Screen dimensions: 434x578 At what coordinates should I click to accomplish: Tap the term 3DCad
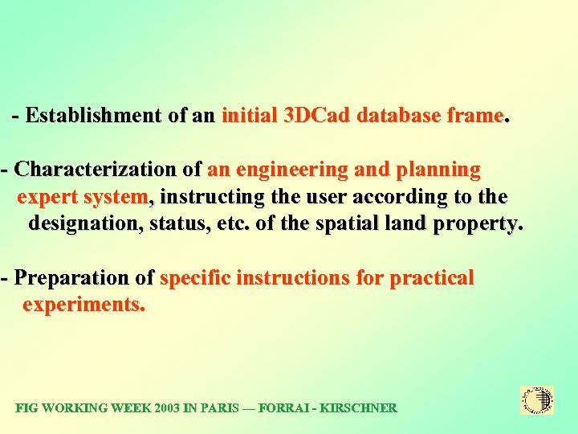click(317, 116)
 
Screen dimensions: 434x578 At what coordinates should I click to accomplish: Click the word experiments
click(83, 305)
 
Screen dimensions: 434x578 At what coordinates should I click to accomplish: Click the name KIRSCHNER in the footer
click(357, 408)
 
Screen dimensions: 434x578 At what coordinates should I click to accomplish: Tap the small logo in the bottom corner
click(537, 400)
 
